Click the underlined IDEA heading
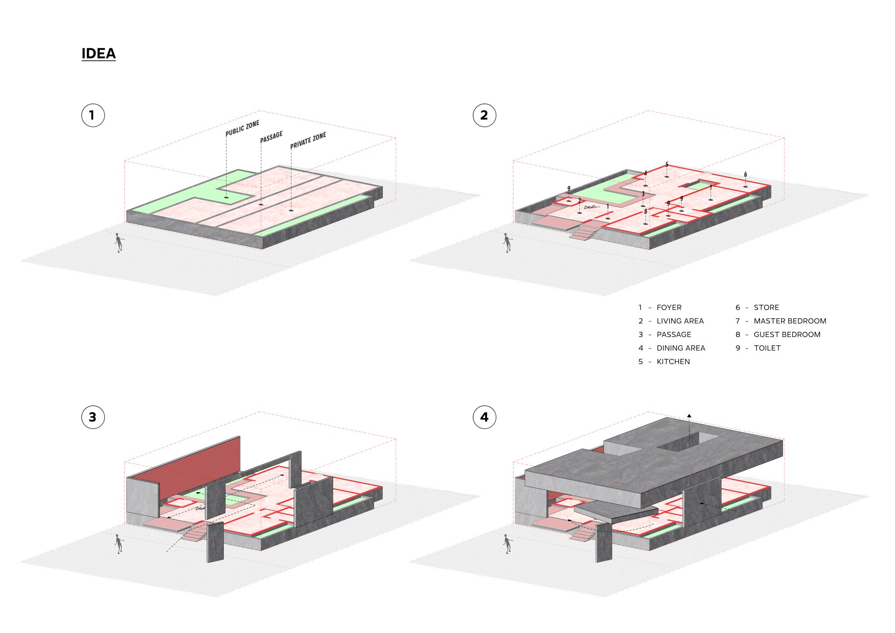point(98,53)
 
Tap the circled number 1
point(93,115)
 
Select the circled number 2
point(484,115)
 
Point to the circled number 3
point(93,417)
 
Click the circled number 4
point(484,417)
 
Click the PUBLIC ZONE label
point(242,128)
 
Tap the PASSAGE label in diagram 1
point(271,137)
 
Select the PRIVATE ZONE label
point(308,140)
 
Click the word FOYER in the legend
point(669,308)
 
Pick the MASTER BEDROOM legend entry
point(790,321)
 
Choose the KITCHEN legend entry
point(673,362)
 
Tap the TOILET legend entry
point(767,348)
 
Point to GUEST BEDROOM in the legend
point(787,335)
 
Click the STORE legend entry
point(766,308)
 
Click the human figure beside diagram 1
point(118,243)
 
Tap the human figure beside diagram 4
point(507,544)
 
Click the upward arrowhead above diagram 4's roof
point(689,415)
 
